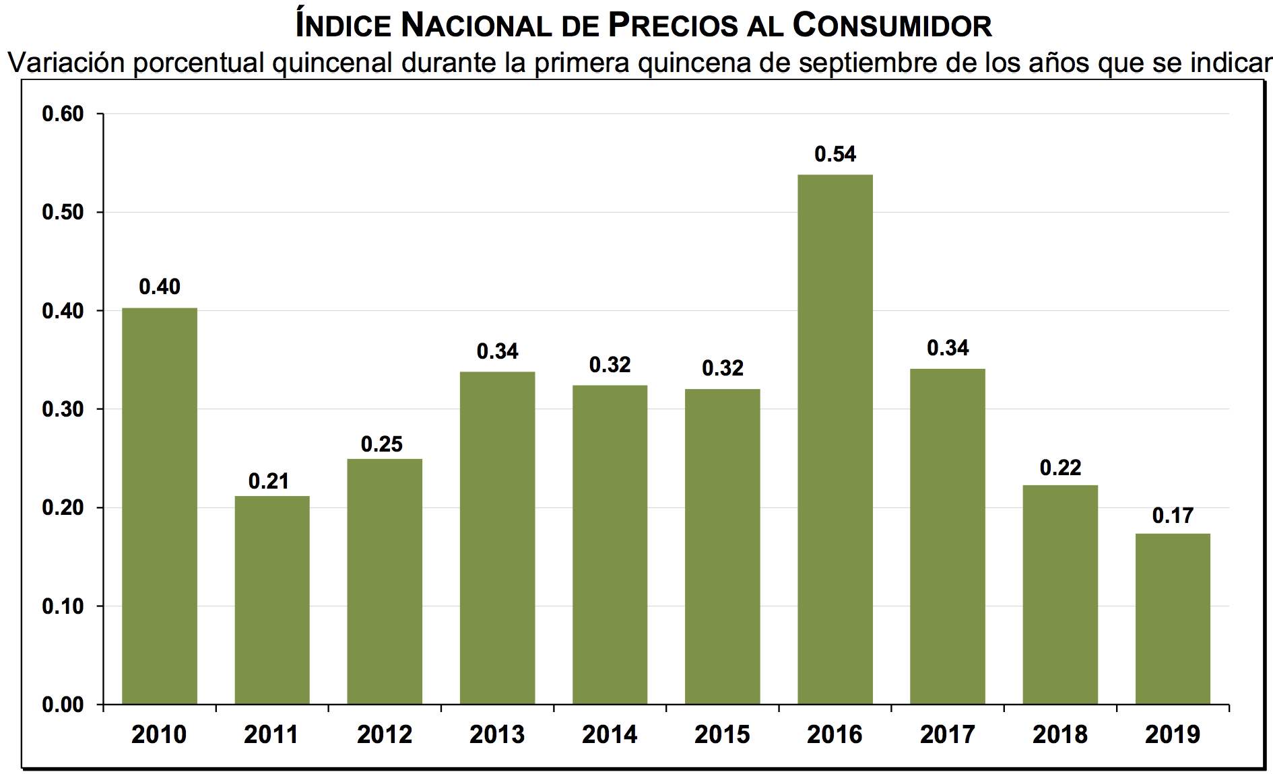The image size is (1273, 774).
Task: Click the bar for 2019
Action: click(1173, 619)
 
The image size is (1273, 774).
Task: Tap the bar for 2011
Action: click(272, 600)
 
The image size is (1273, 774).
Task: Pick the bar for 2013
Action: click(497, 538)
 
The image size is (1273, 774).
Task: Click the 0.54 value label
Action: click(835, 154)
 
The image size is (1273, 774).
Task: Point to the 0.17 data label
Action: click(1173, 516)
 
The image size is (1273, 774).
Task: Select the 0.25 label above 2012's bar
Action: click(381, 444)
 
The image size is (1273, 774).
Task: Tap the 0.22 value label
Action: click(1060, 468)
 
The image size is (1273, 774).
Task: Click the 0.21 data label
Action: click(269, 481)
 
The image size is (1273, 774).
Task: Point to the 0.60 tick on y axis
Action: click(63, 114)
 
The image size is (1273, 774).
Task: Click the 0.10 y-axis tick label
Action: click(63, 606)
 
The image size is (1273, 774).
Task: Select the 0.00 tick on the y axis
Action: click(63, 705)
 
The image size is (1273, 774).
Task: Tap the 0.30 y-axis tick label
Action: click(63, 409)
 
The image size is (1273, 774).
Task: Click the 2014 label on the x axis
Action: click(610, 734)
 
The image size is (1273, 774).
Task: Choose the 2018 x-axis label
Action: click(1060, 734)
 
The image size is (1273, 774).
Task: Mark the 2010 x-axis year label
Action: click(159, 734)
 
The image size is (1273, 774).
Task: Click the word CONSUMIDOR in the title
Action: click(892, 26)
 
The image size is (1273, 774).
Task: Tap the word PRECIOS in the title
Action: click(674, 26)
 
